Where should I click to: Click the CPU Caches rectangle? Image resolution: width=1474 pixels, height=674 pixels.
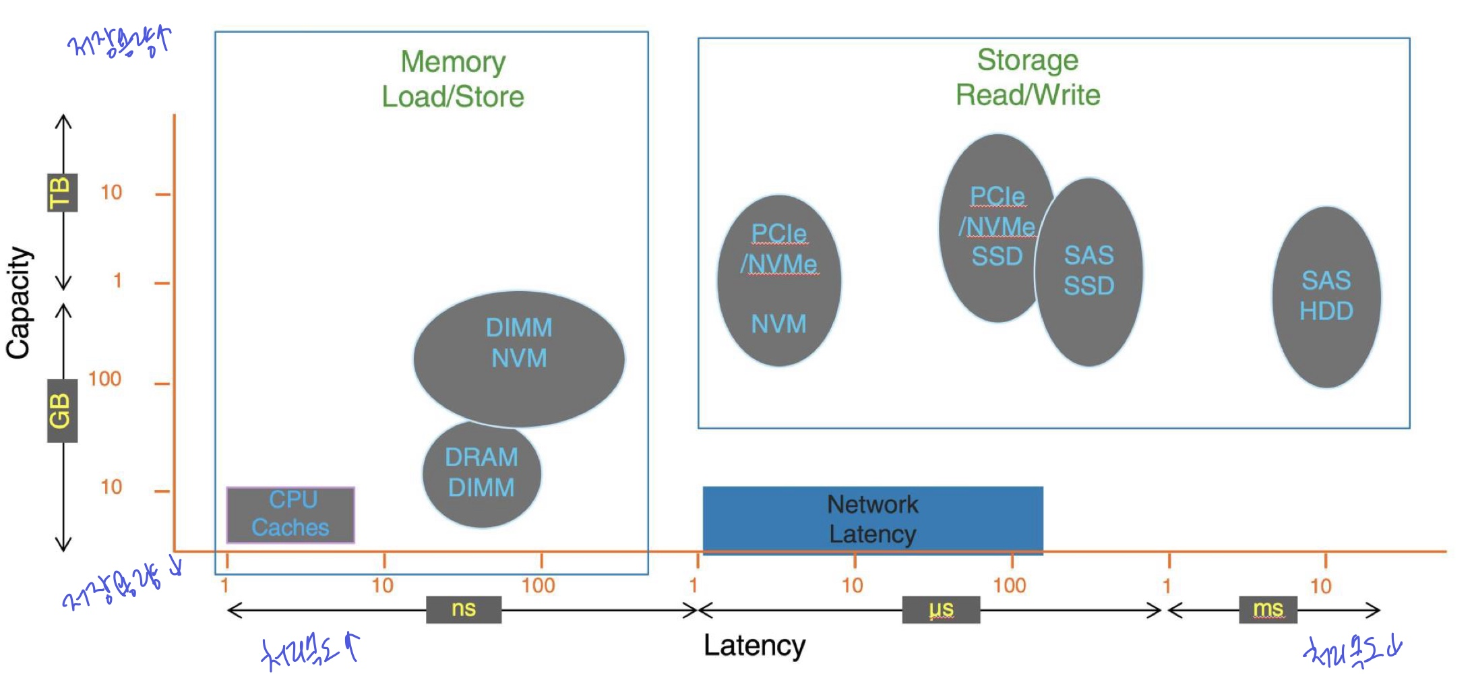(290, 515)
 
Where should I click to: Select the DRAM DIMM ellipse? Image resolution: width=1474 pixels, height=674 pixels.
(481, 473)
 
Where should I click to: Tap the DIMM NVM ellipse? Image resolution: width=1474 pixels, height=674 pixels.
(519, 358)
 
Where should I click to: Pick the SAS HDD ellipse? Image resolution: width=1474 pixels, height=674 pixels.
(1326, 297)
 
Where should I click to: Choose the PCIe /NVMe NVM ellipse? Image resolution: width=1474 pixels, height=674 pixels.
(779, 280)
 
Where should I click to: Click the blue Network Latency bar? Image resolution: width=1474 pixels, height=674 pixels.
(872, 519)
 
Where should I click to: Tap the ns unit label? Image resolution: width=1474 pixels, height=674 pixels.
(464, 609)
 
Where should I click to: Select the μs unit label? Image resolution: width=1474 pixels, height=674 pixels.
(941, 609)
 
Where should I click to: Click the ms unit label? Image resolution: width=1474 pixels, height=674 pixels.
(1268, 609)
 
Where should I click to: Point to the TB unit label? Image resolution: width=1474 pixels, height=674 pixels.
(62, 193)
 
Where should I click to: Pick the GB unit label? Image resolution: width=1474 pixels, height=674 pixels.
(62, 410)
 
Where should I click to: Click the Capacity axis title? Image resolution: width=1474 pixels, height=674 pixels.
(19, 303)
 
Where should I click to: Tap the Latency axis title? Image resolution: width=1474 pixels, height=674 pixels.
(754, 646)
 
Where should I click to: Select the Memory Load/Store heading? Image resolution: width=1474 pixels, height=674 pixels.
(453, 79)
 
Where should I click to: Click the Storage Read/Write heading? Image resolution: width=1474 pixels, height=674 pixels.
(1028, 77)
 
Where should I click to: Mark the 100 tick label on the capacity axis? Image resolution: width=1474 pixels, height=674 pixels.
(105, 379)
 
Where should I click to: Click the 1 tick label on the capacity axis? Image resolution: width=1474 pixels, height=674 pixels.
(117, 280)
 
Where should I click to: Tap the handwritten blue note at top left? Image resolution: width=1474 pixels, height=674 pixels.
(120, 43)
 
